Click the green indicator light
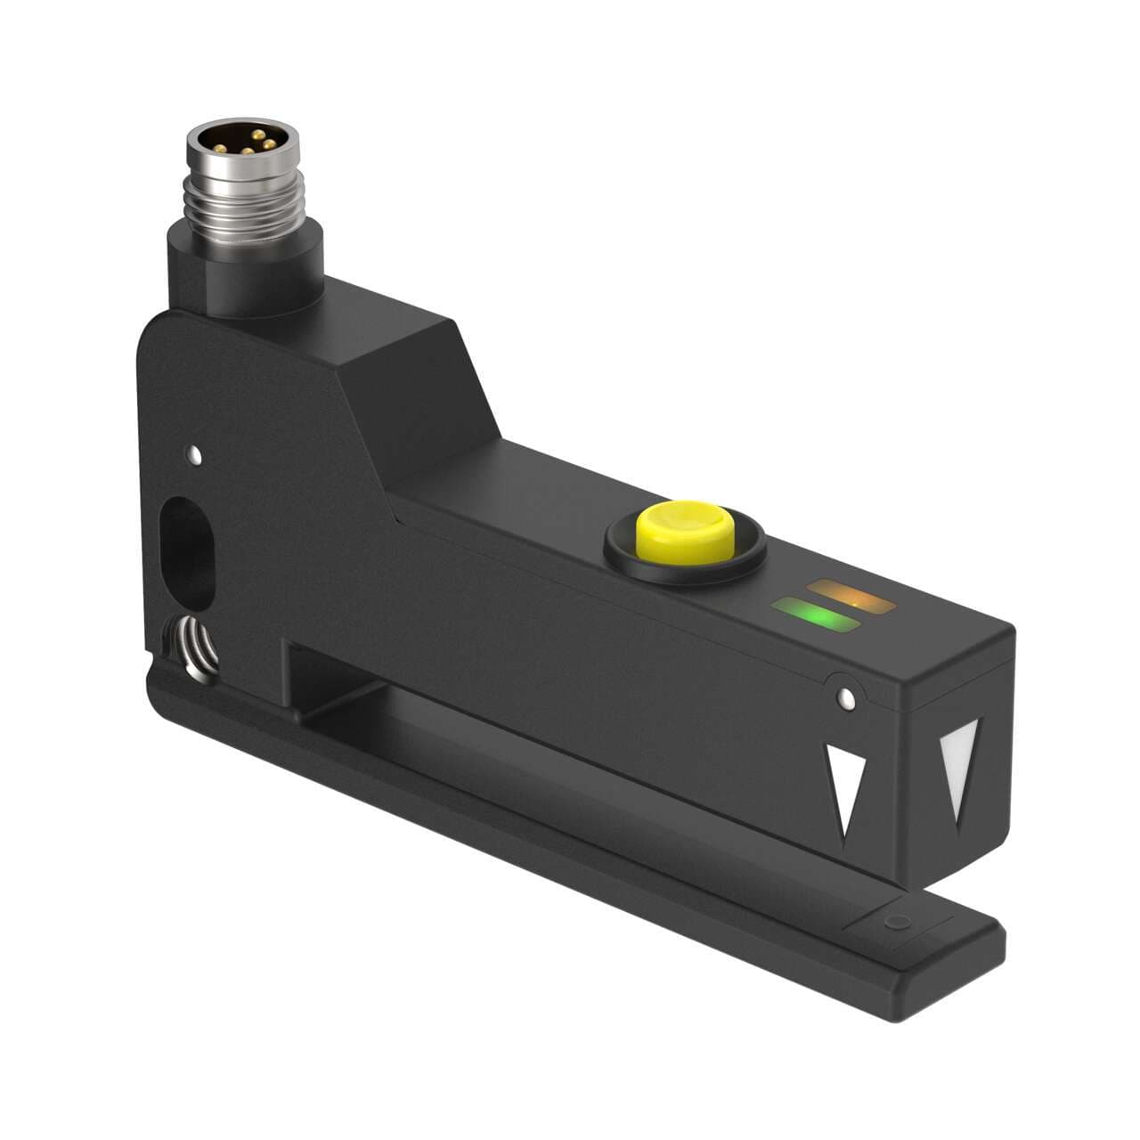pos(817,617)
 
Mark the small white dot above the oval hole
pos(194,458)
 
